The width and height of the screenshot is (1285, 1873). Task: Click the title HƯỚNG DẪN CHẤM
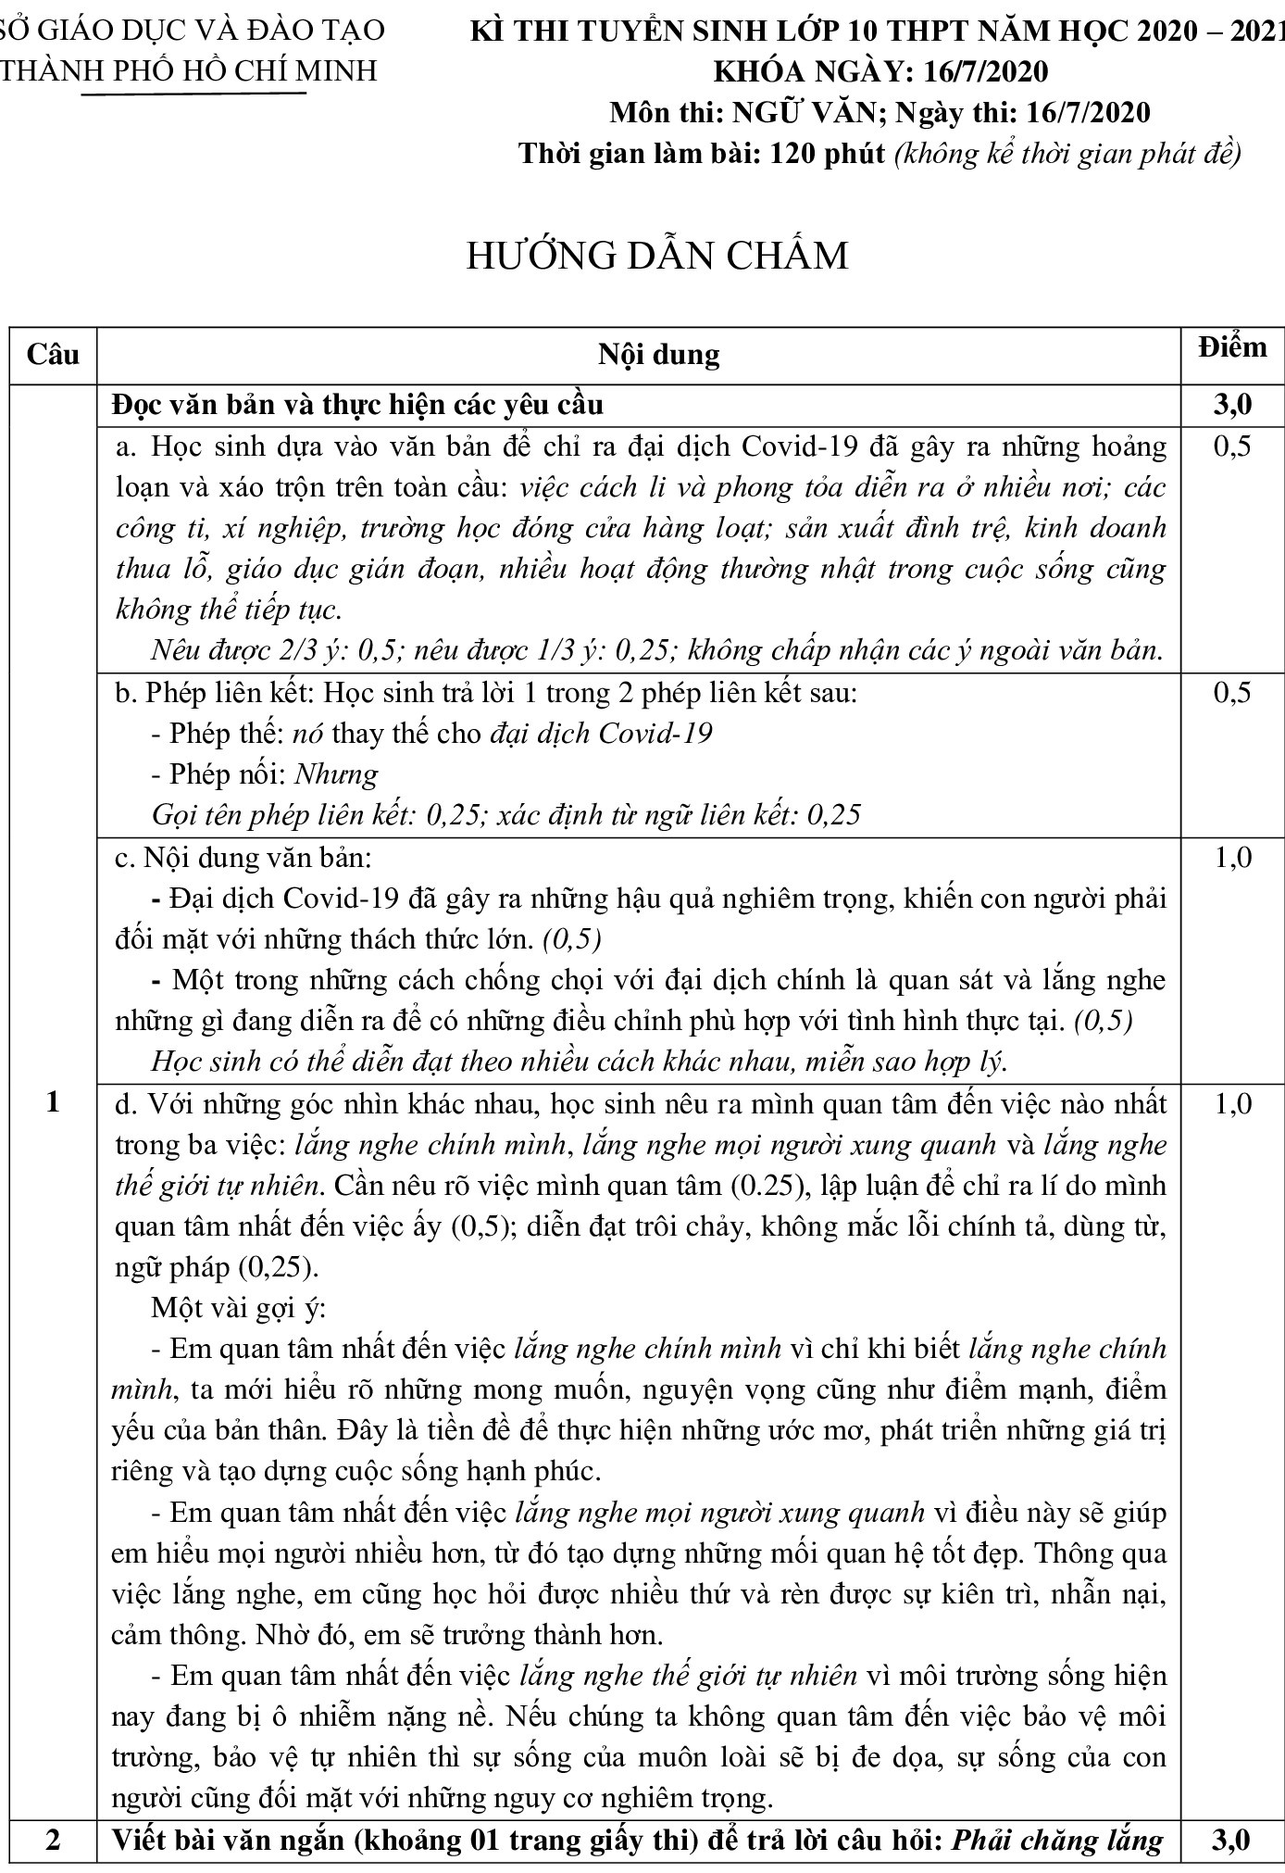tap(657, 256)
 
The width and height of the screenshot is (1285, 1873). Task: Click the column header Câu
tap(53, 355)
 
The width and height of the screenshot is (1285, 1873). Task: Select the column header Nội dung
tap(658, 355)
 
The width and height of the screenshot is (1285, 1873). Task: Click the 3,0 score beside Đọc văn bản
tap(1231, 405)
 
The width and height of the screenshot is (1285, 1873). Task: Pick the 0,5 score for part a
tap(1231, 446)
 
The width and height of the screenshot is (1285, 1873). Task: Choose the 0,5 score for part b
tap(1231, 693)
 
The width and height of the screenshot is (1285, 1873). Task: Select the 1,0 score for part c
tap(1231, 858)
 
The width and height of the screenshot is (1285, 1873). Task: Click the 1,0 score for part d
tap(1231, 1104)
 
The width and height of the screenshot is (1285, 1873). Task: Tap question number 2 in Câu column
tap(53, 1840)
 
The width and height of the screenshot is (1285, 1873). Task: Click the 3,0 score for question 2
tap(1231, 1840)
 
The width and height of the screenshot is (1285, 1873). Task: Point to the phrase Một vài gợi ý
tap(238, 1309)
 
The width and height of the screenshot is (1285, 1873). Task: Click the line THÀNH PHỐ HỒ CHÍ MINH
tap(190, 71)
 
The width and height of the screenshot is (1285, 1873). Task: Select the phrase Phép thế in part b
tap(224, 734)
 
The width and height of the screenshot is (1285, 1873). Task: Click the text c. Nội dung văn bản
tap(242, 858)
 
